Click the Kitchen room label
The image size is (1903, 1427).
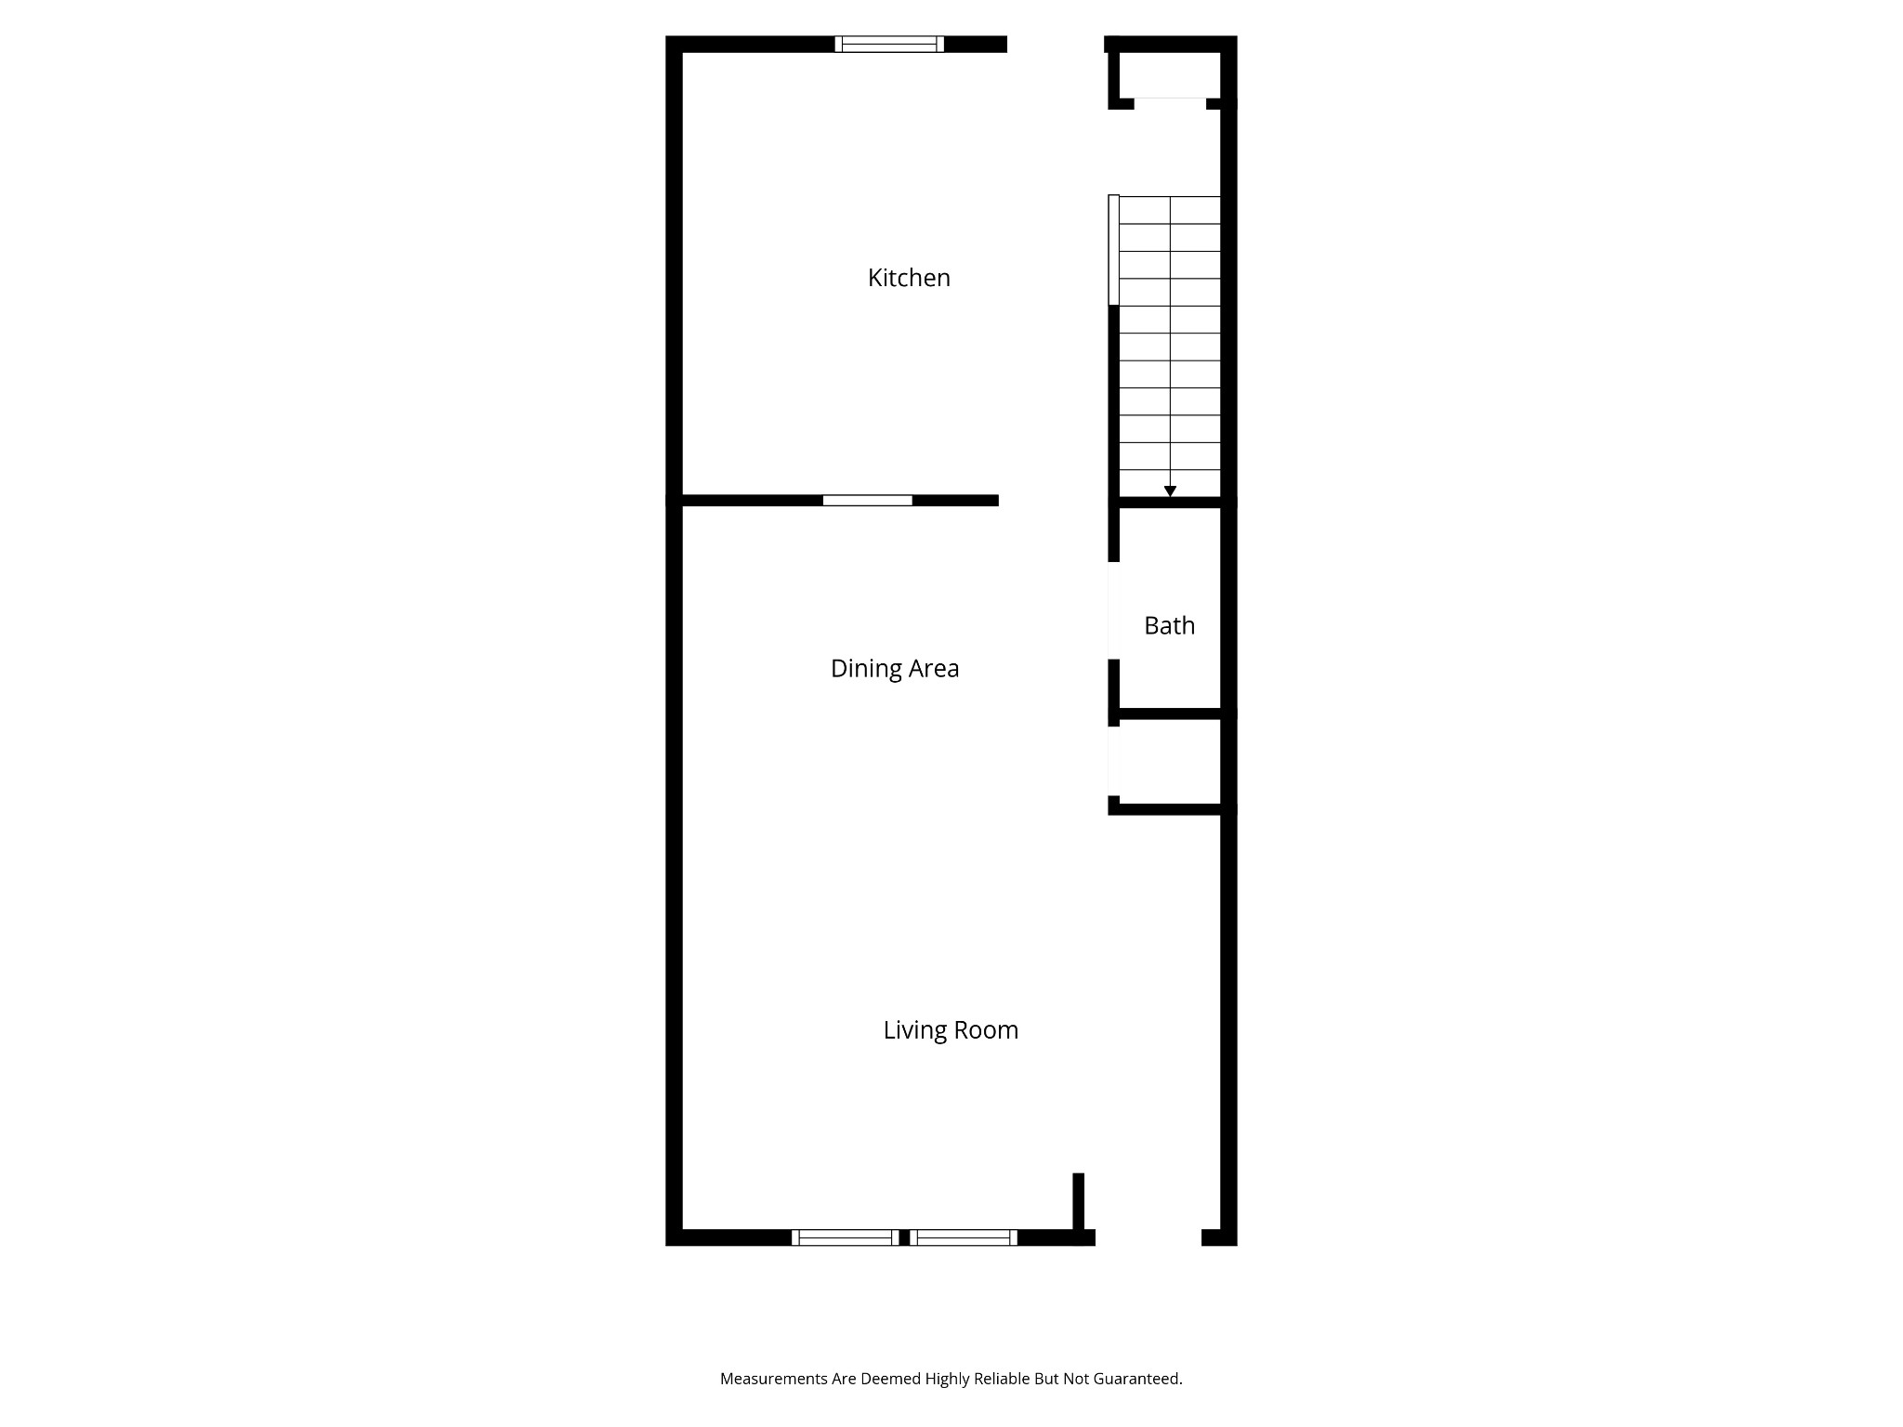909,278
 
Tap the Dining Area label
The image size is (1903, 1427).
894,669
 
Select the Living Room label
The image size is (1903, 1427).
951,1030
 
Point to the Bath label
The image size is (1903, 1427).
1169,626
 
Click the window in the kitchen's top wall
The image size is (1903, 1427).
889,44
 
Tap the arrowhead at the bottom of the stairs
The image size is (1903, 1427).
1170,491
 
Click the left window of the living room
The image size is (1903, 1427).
845,1237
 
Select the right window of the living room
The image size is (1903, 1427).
964,1237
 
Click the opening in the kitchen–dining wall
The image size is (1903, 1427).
867,501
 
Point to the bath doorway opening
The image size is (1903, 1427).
1113,610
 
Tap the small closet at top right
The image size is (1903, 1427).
1169,74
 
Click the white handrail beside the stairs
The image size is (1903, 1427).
1113,249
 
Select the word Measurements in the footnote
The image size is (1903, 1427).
774,1379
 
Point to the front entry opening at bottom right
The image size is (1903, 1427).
1148,1237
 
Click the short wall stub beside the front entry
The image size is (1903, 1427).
1079,1203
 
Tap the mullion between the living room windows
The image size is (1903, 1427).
904,1237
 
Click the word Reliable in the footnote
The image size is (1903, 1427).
1004,1379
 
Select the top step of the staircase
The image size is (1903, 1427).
1169,210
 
